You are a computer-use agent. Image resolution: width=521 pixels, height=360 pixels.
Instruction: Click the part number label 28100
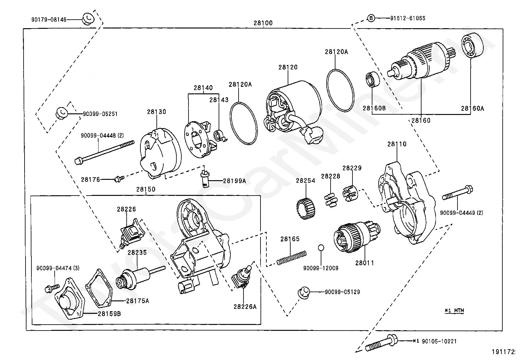263,23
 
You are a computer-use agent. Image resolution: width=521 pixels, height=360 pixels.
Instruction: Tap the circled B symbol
371,18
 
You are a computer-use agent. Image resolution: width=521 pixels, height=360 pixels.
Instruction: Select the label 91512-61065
408,18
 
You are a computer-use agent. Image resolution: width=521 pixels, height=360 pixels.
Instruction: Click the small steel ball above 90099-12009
321,247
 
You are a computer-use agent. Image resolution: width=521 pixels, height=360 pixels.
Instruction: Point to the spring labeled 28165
292,258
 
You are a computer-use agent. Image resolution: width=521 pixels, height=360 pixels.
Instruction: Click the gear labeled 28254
306,209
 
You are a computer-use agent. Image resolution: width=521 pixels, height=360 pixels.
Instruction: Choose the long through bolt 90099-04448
104,152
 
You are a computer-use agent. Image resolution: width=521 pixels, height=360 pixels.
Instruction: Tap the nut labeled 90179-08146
88,19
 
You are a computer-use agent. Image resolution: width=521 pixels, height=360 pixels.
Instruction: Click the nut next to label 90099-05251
62,113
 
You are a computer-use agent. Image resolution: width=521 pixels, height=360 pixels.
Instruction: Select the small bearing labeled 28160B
373,79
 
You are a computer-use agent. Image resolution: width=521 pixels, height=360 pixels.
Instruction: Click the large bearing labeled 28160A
472,46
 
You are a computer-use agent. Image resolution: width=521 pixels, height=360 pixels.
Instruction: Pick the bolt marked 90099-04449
457,193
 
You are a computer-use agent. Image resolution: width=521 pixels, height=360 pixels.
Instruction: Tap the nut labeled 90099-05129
304,293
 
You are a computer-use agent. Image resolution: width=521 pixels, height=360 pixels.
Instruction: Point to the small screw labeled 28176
119,179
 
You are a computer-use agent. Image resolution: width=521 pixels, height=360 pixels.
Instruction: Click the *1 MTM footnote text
454,311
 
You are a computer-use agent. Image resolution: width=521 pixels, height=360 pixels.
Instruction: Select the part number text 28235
137,253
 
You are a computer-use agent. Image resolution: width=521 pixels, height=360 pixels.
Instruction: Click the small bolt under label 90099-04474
52,288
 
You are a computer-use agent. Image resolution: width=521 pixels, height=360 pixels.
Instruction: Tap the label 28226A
245,307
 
